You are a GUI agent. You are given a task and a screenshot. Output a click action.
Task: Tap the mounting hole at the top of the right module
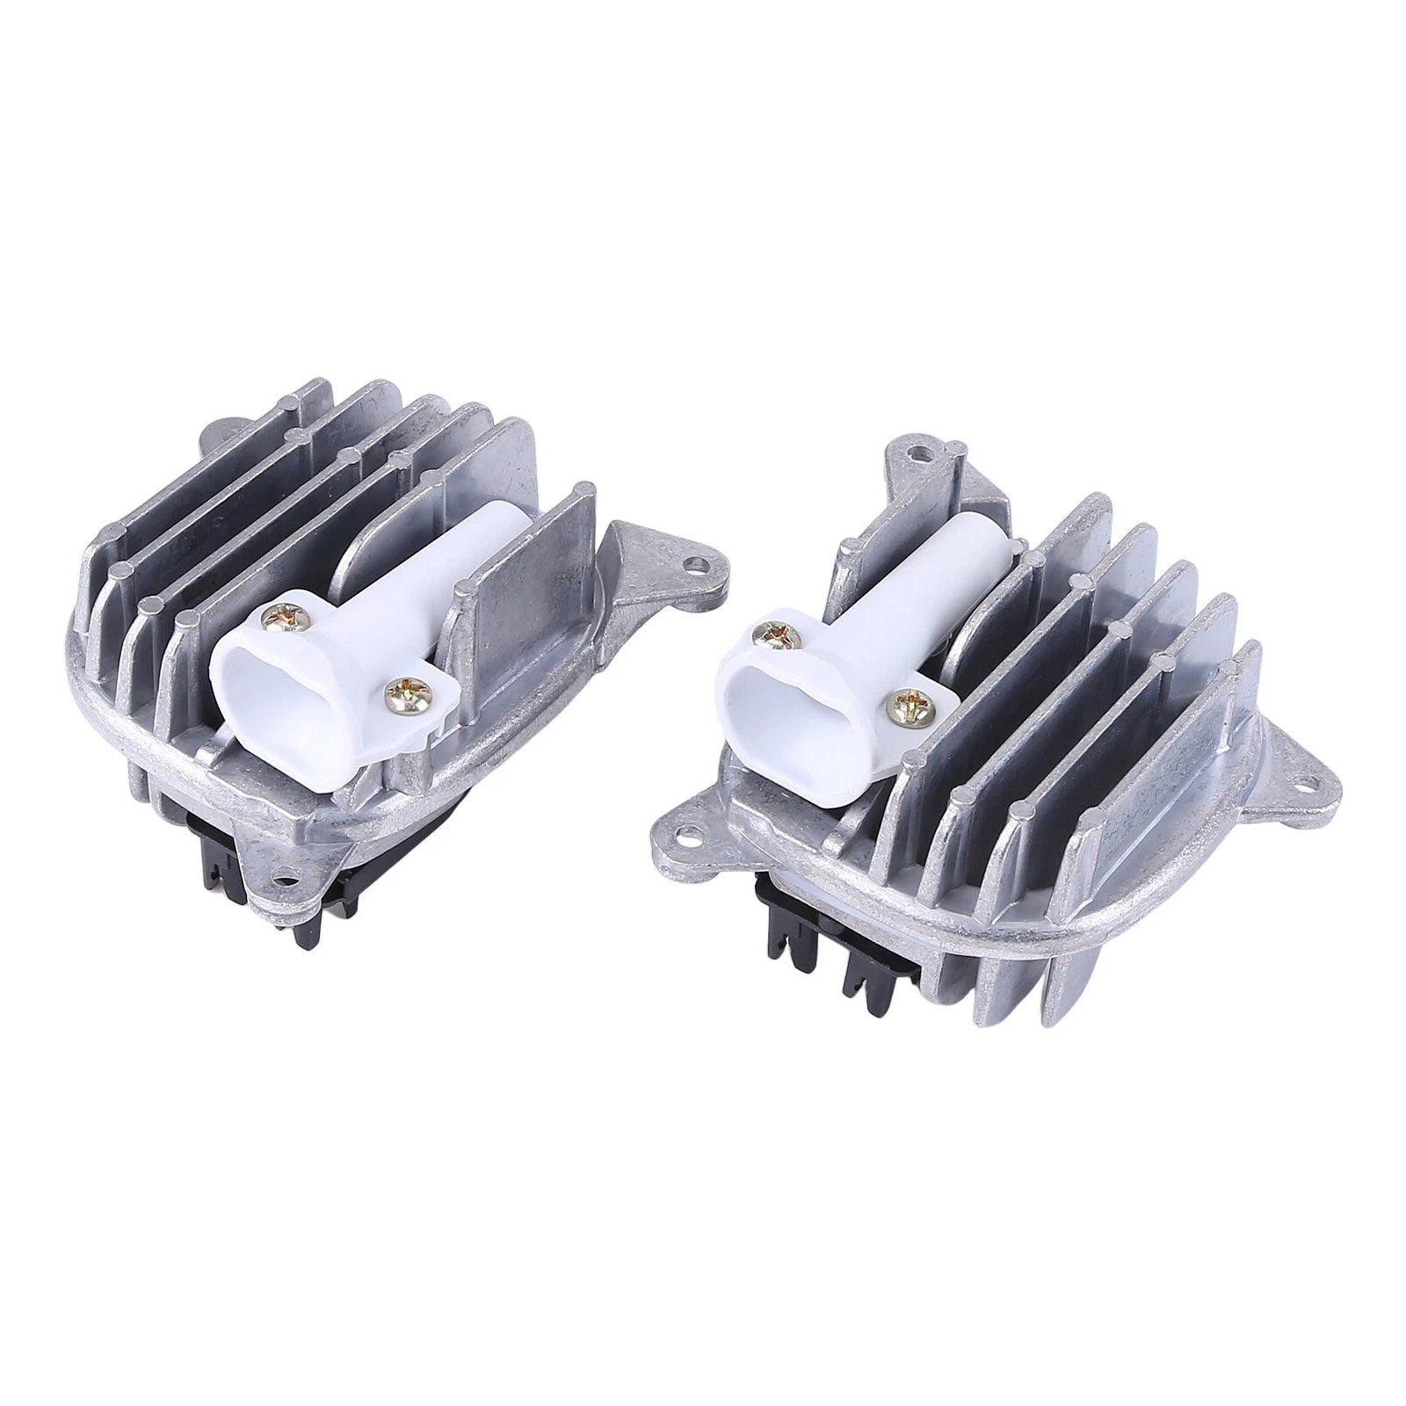[919, 453]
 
